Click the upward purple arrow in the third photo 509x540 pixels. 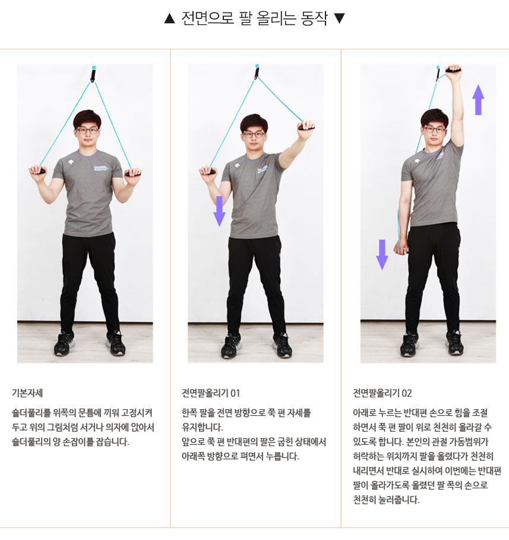point(478,99)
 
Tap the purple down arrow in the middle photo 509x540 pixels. point(219,211)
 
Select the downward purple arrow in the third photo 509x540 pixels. point(382,255)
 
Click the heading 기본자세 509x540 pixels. point(27,393)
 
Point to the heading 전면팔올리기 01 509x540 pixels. point(210,393)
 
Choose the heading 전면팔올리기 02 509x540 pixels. point(382,393)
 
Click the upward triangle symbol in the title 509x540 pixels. point(169,18)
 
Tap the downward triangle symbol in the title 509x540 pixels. point(340,18)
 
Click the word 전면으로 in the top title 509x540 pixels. point(208,18)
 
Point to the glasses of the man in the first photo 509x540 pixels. point(87,130)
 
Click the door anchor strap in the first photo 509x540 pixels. point(93,74)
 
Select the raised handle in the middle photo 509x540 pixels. point(306,127)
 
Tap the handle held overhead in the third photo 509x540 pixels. point(454,71)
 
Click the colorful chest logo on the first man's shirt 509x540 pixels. point(102,168)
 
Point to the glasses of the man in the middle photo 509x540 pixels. point(254,134)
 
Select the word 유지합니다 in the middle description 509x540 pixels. point(202,428)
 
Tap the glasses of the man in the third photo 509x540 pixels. point(434,130)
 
